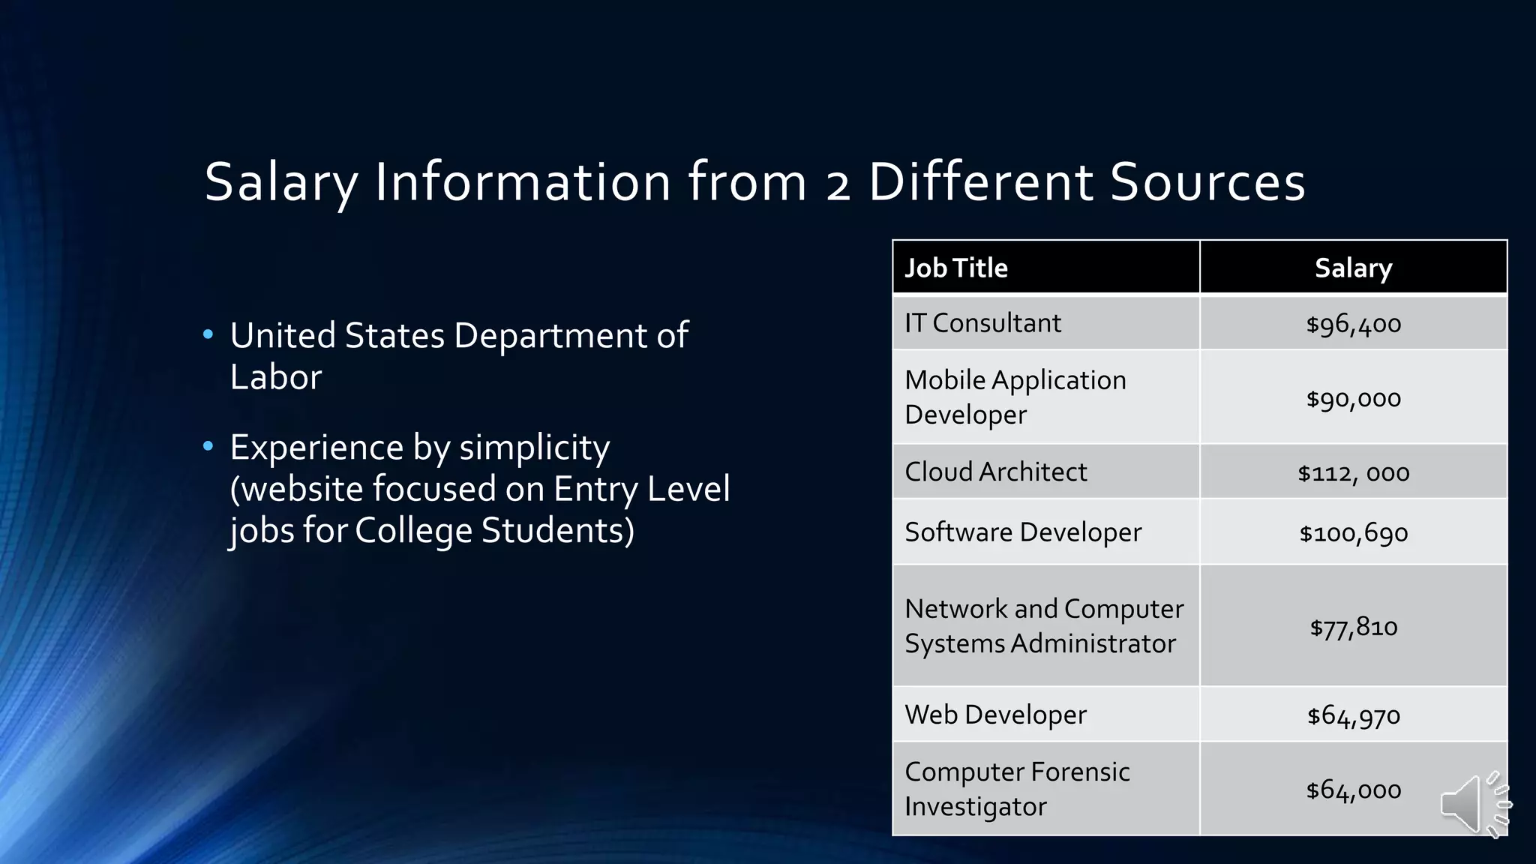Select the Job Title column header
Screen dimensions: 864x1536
[x=956, y=268]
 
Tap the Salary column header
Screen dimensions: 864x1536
[x=1353, y=268]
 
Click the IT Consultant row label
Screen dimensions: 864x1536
[x=982, y=323]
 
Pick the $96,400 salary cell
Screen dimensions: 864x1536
[x=1353, y=324]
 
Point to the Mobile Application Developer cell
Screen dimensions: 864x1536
[x=1015, y=397]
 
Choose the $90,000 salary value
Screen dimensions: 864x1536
[x=1353, y=398]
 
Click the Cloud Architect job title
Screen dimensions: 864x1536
[x=995, y=472]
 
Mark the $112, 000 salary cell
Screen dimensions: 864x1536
[x=1353, y=472]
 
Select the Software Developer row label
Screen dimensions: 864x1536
[x=1023, y=532]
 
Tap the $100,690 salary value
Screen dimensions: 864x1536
[x=1353, y=533]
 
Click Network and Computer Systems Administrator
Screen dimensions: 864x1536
[x=1044, y=625]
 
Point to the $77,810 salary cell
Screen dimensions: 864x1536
[x=1353, y=626]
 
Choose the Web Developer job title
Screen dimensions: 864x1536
[x=995, y=715]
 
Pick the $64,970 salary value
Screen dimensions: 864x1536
[x=1353, y=715]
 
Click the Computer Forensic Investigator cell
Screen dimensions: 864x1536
[x=1017, y=788]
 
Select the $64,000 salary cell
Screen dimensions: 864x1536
[x=1353, y=790]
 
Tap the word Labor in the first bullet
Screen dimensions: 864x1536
[x=275, y=377]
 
